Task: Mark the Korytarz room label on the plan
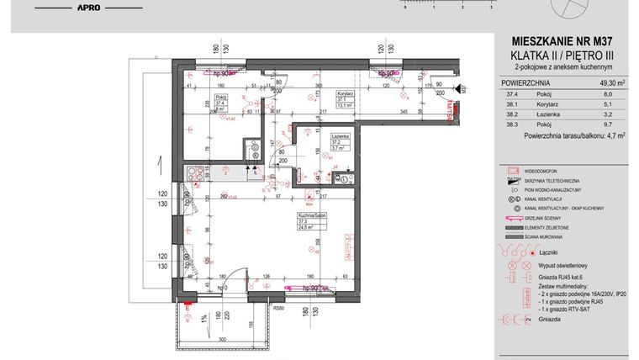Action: (x=343, y=92)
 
